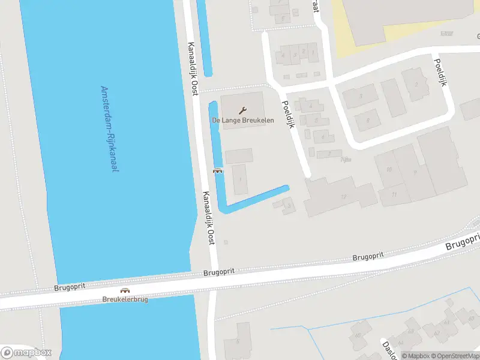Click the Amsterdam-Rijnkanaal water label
pos(109,129)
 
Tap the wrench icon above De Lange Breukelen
pos(243,110)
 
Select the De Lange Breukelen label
pos(243,121)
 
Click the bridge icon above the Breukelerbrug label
pos(125,290)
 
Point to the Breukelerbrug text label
pos(125,299)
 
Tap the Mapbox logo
pos(26,353)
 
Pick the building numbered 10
pos(389,169)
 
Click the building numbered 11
pos(394,194)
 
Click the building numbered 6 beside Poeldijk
pos(323,137)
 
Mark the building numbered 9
pos(414,172)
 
